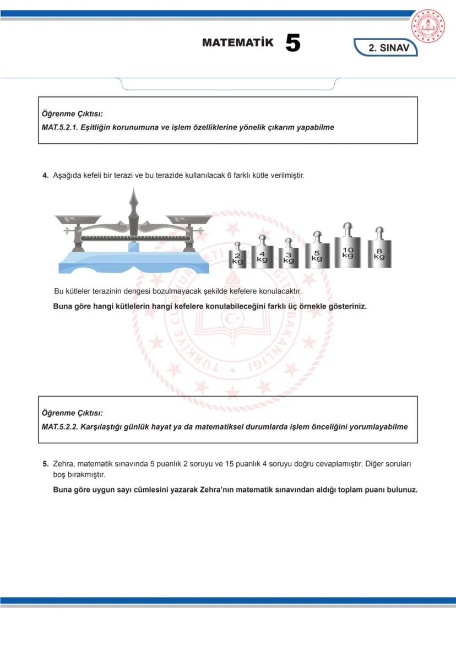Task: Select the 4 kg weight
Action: click(262, 255)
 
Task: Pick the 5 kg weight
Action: click(317, 254)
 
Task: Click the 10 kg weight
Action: click(348, 250)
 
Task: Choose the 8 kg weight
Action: click(379, 252)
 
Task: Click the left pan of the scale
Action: click(78, 219)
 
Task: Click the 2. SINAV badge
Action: click(388, 48)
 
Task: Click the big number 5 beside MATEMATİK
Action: click(293, 44)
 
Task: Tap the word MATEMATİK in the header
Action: click(237, 43)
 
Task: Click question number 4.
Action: click(46, 176)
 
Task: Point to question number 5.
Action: click(46, 464)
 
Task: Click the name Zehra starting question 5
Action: click(63, 464)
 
